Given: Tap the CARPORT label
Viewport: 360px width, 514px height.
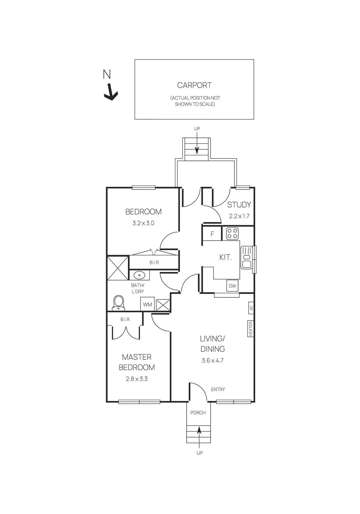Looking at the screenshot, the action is [194, 85].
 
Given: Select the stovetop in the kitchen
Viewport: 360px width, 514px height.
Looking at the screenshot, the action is [232, 234].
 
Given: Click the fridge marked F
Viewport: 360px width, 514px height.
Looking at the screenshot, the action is [212, 234].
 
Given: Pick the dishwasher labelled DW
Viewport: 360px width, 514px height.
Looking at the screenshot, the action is [232, 286].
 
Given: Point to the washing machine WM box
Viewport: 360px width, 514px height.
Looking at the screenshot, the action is [148, 304].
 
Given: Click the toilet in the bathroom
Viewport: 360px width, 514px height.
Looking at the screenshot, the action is [119, 303].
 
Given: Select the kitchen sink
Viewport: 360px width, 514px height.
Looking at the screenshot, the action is [246, 257].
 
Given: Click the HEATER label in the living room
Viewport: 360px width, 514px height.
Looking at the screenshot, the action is [250, 329].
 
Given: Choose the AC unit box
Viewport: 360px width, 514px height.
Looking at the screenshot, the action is [251, 308].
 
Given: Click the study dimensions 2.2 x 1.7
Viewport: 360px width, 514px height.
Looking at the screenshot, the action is [239, 216].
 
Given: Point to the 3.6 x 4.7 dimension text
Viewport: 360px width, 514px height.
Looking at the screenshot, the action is [212, 360].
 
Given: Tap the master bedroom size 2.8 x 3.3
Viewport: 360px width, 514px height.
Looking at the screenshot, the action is [137, 379].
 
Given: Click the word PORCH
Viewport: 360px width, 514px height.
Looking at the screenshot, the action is [198, 412].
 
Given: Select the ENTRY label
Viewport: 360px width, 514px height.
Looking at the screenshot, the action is [218, 389].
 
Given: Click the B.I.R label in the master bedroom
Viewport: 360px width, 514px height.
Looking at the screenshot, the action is [125, 319].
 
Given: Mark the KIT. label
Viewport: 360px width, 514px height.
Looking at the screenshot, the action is [225, 257].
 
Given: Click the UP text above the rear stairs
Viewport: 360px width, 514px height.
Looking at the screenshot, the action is [197, 128].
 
